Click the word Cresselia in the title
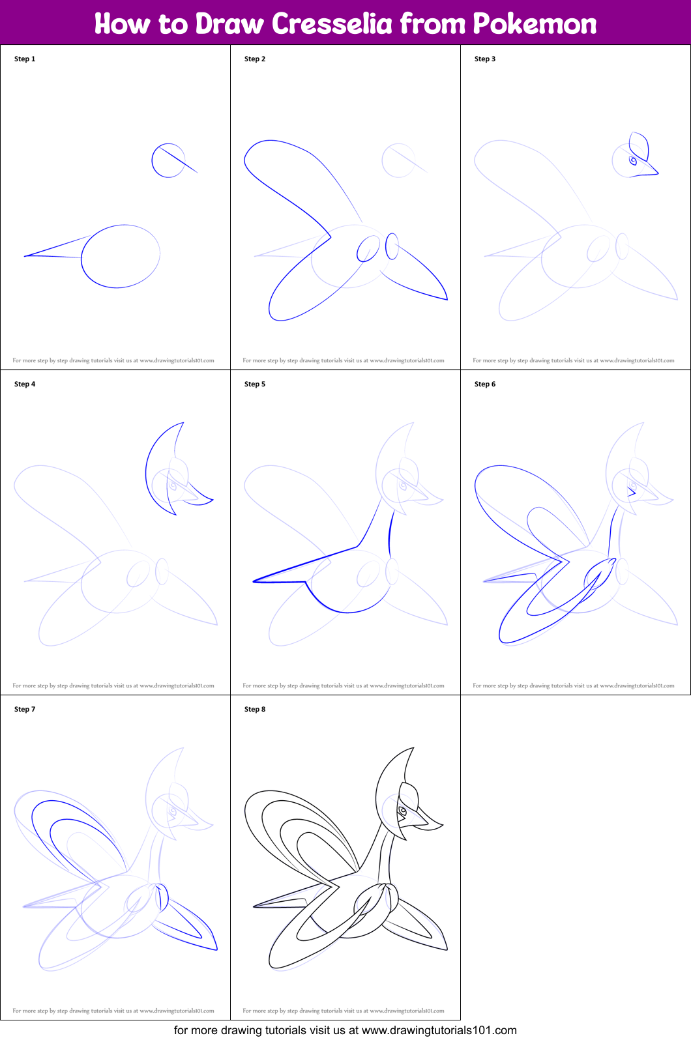[x=332, y=23]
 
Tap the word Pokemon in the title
[x=535, y=23]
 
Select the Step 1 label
[x=25, y=59]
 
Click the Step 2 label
[x=255, y=59]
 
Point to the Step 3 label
[x=485, y=59]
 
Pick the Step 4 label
[x=25, y=384]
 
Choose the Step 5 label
[x=255, y=384]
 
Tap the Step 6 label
[x=485, y=384]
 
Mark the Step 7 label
[x=25, y=709]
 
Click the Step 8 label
[x=255, y=709]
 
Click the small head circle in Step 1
[x=152, y=161]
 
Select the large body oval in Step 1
[x=81, y=256]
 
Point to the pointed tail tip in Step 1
[x=25, y=256]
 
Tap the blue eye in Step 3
[x=632, y=161]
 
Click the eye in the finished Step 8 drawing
[x=403, y=811]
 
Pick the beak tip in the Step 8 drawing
[x=443, y=825]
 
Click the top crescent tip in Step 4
[x=183, y=423]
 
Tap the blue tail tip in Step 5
[x=254, y=581]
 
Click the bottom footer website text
[x=345, y=1030]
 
